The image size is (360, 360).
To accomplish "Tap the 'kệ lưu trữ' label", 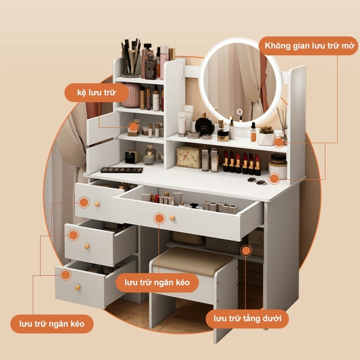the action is pyautogui.click(x=96, y=93).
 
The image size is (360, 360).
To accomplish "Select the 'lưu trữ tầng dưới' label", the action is pyautogui.click(x=247, y=319).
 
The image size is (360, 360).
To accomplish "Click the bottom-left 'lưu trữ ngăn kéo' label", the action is pyautogui.click(x=52, y=324).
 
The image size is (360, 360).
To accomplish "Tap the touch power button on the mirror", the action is pyautogui.click(x=239, y=112).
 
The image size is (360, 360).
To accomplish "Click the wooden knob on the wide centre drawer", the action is pyautogui.click(x=172, y=218).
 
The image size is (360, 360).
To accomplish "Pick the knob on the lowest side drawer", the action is pyautogui.click(x=77, y=287).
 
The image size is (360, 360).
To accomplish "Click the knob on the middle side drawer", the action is pyautogui.click(x=86, y=246).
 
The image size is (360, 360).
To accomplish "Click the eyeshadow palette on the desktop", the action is pyautogui.click(x=121, y=170).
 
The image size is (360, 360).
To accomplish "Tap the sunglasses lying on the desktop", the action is pyautogui.click(x=257, y=181).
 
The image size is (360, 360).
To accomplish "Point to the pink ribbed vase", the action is pyautogui.click(x=131, y=95).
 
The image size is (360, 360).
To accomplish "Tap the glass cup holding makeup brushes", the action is pyautogui.click(x=130, y=64).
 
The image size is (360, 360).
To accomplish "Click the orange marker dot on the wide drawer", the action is pyautogui.click(x=159, y=218).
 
